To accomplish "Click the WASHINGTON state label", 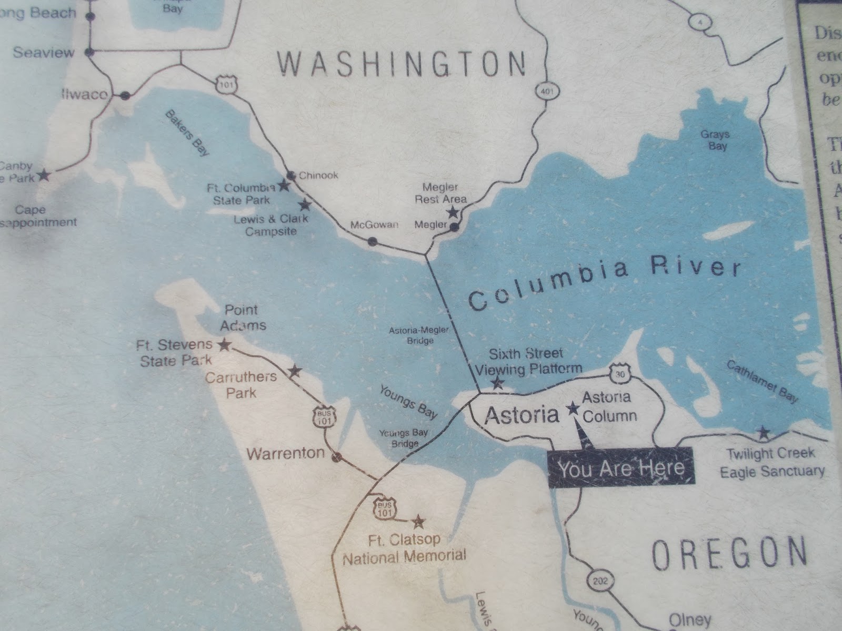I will [402, 65].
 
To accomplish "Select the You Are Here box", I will [621, 467].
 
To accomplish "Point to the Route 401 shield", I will [543, 92].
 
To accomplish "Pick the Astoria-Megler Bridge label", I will [419, 335].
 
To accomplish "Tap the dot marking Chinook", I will [290, 175].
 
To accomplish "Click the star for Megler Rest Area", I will [452, 212].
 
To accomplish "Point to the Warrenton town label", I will [286, 453].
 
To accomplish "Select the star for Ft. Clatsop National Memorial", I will [418, 522].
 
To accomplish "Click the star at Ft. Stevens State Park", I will [225, 345].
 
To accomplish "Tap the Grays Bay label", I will [715, 140].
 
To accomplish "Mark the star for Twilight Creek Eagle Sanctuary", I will [763, 433].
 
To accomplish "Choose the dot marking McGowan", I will [372, 241].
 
